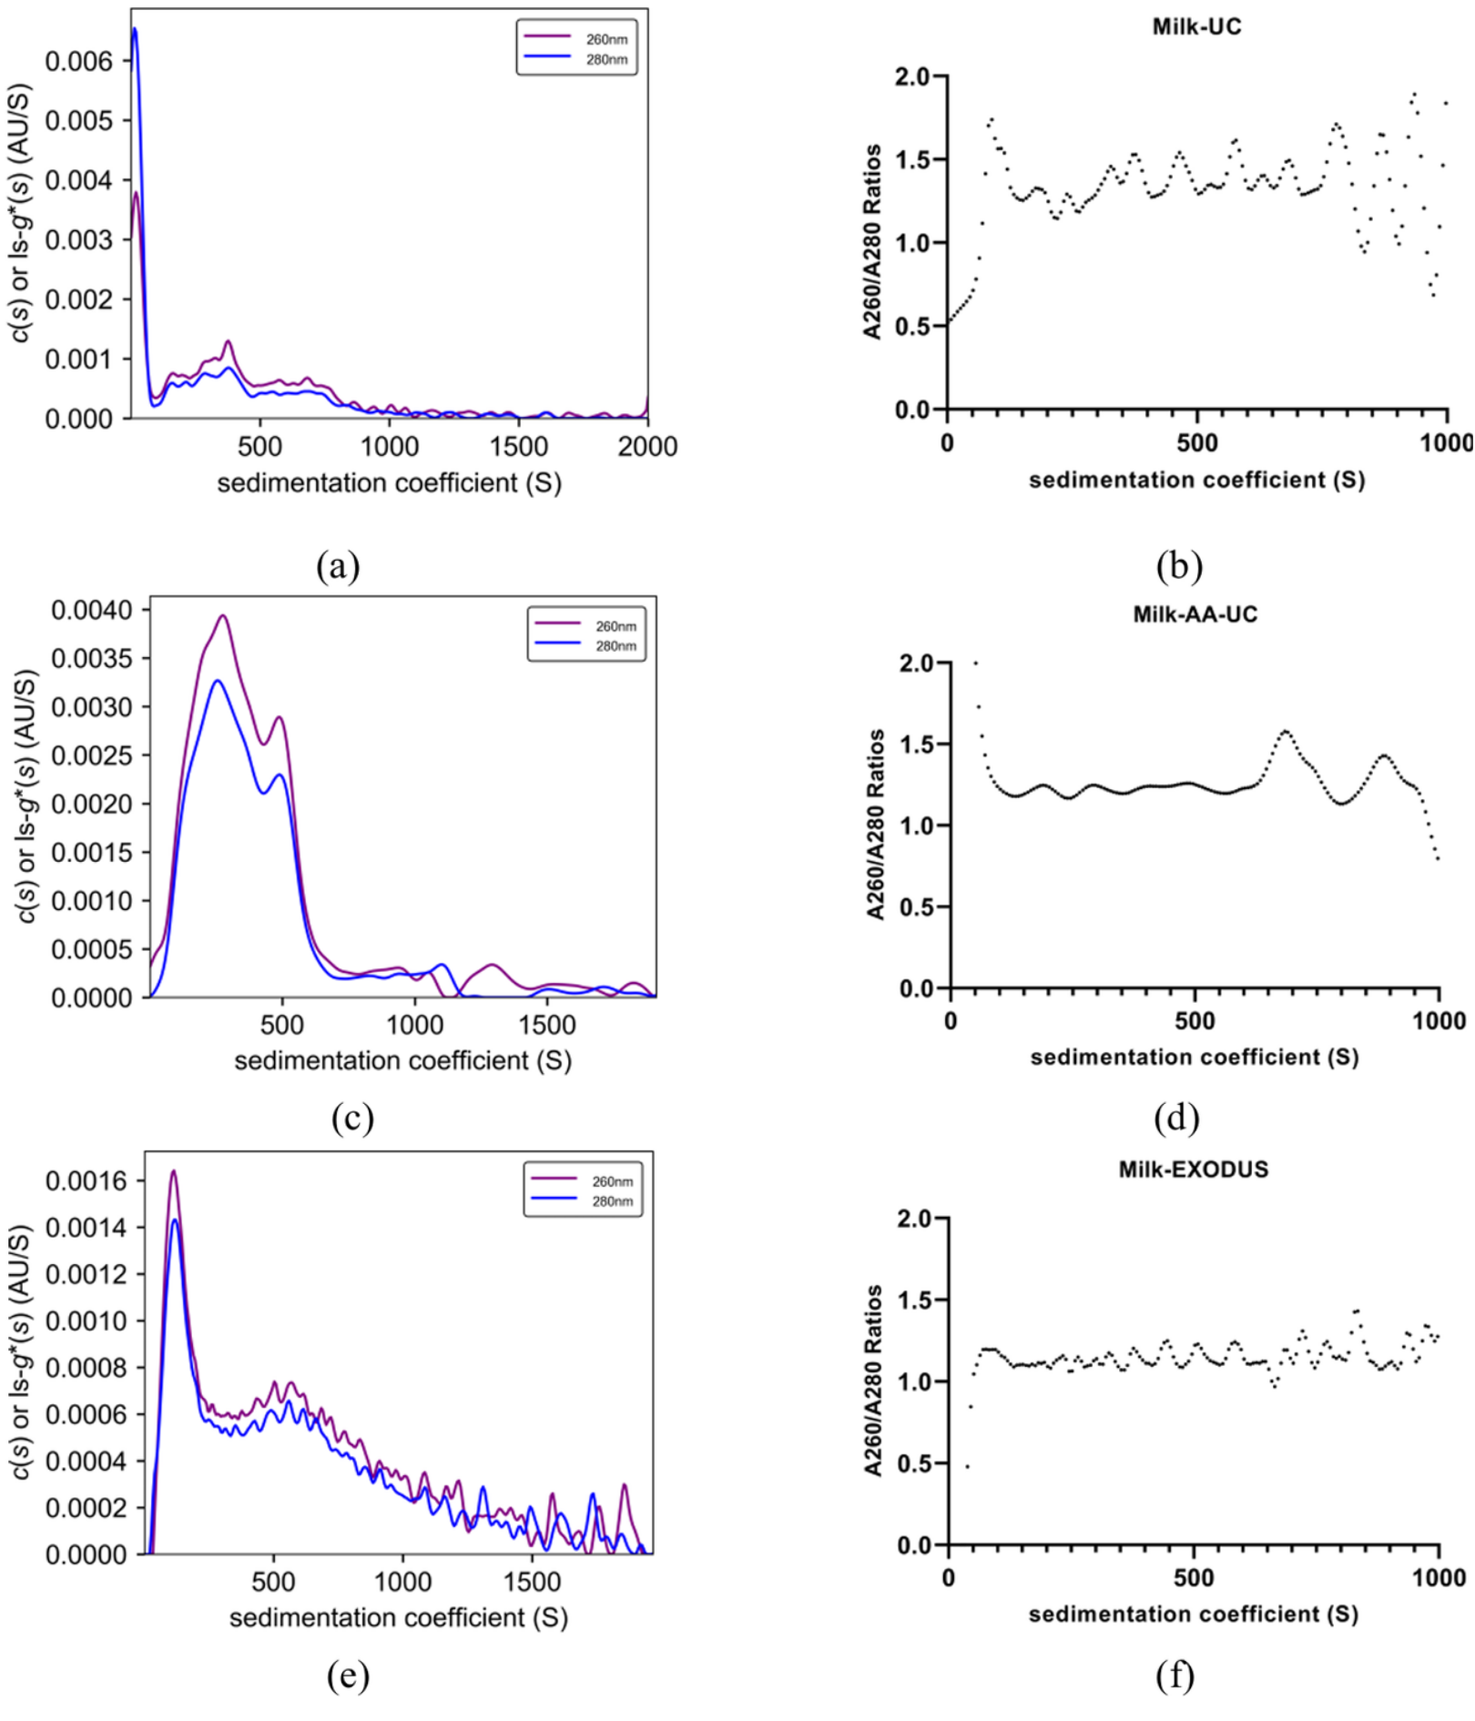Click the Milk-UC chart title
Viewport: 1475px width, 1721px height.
pyautogui.click(x=1196, y=26)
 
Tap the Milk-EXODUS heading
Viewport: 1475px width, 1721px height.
pyautogui.click(x=1193, y=1169)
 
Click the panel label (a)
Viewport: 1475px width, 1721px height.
pyautogui.click(x=338, y=566)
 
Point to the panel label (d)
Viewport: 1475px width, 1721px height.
pyautogui.click(x=1176, y=1117)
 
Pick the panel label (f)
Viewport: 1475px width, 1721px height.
pyautogui.click(x=1175, y=1675)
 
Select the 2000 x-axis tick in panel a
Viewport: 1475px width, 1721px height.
pyautogui.click(x=647, y=447)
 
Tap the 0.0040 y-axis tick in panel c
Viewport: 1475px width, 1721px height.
pyautogui.click(x=91, y=610)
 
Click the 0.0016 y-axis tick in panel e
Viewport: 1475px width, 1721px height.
pyautogui.click(x=86, y=1181)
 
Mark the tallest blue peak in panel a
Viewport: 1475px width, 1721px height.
pyautogui.click(x=135, y=29)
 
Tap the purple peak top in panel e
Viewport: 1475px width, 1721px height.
pyautogui.click(x=173, y=1171)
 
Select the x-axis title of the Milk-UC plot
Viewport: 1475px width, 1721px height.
pyautogui.click(x=1196, y=480)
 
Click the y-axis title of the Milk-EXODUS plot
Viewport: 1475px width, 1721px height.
pyautogui.click(x=873, y=1381)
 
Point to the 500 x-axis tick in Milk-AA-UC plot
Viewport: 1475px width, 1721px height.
pyautogui.click(x=1195, y=1021)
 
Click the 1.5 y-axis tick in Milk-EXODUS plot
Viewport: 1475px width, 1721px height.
pyautogui.click(x=914, y=1301)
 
